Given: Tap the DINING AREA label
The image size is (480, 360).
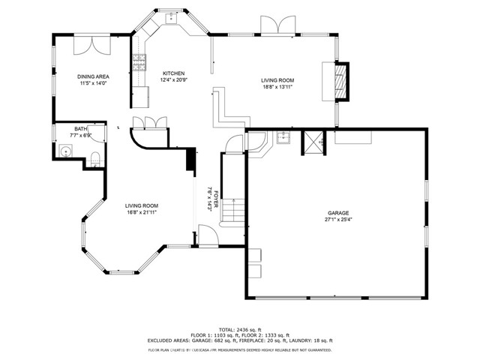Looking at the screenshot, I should click(94, 76).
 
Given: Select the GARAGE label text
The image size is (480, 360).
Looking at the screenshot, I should click(338, 213).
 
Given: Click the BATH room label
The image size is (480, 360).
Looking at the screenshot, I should click(79, 129).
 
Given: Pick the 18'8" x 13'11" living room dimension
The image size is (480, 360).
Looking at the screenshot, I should click(277, 86).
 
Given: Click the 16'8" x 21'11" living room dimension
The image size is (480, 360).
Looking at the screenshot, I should click(141, 212).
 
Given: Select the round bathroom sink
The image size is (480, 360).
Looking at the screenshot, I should click(67, 151).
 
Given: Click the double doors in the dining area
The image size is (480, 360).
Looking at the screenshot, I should click(96, 43).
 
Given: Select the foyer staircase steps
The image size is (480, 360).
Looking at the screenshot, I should click(234, 211).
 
